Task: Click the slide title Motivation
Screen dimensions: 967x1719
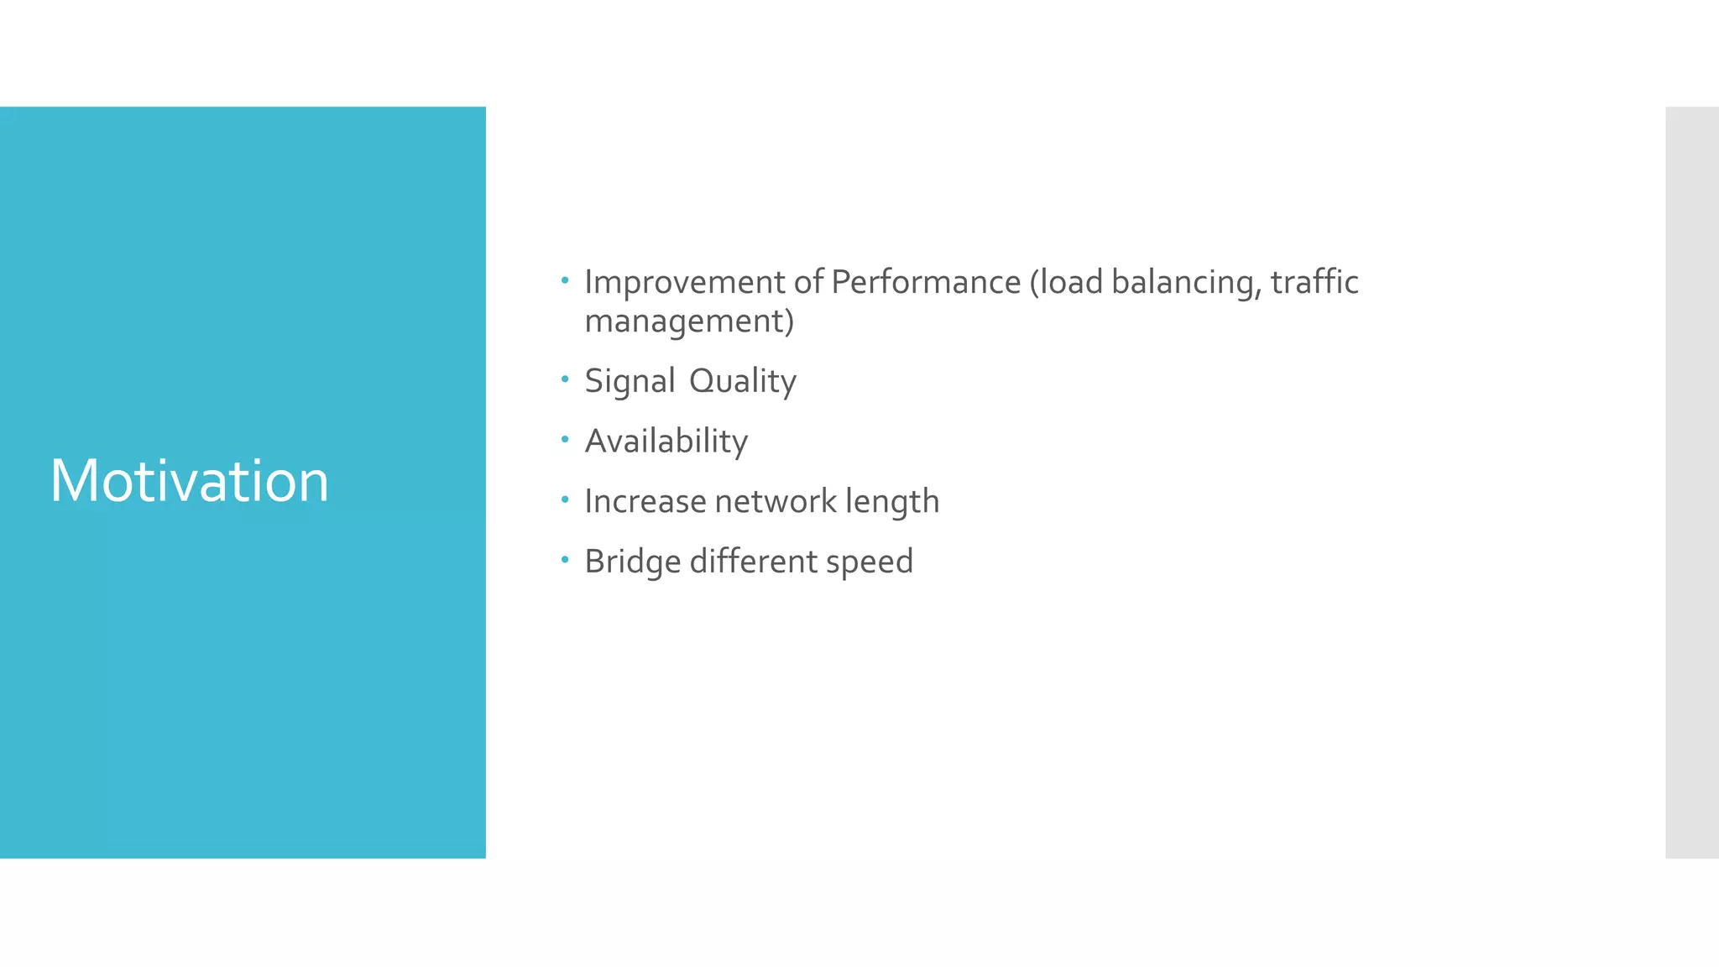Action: pyautogui.click(x=189, y=481)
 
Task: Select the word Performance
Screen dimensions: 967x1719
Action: pyautogui.click(x=925, y=283)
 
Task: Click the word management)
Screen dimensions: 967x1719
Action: pyautogui.click(x=689, y=322)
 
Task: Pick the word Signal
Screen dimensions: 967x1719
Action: pyautogui.click(x=630, y=382)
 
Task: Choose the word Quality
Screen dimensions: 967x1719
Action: pyautogui.click(x=742, y=382)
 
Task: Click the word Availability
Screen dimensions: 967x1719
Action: pyautogui.click(x=666, y=442)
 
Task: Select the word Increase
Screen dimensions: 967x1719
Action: pyautogui.click(x=645, y=502)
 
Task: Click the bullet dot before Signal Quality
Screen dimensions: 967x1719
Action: pyautogui.click(x=565, y=379)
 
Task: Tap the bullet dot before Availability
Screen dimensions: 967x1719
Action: pyautogui.click(x=565, y=439)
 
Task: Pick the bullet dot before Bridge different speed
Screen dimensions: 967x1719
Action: pyautogui.click(x=565, y=559)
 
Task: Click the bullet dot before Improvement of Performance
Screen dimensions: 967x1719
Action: pyautogui.click(x=565, y=280)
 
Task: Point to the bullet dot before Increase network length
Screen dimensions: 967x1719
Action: pyautogui.click(x=565, y=499)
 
